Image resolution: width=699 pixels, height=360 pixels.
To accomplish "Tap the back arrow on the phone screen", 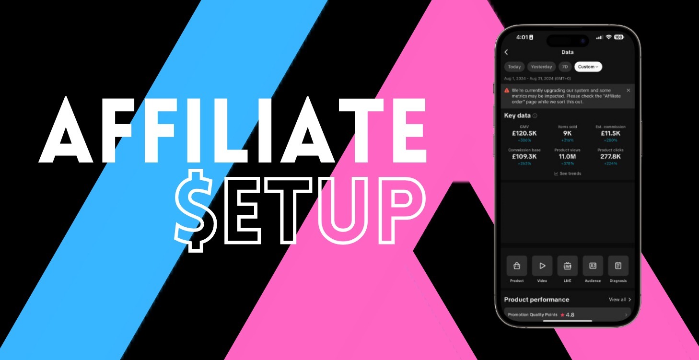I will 506,52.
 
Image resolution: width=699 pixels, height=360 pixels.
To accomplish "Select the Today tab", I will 514,67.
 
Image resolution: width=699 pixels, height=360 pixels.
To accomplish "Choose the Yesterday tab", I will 541,67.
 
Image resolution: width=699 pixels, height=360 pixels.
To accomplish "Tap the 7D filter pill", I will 565,67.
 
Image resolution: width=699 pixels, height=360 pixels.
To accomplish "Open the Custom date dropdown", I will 588,67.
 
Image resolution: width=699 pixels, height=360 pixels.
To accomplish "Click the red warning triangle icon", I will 507,90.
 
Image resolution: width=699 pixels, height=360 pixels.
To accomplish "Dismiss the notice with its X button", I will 629,90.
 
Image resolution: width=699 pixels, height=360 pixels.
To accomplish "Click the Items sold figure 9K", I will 567,133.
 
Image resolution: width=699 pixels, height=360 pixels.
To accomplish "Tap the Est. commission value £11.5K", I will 610,133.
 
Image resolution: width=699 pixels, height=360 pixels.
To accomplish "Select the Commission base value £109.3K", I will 524,156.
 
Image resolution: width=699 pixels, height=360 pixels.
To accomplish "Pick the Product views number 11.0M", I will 567,156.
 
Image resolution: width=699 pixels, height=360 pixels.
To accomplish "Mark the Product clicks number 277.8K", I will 611,156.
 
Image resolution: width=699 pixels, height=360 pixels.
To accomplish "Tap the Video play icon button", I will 542,266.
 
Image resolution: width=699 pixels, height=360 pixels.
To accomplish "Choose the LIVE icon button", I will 568,266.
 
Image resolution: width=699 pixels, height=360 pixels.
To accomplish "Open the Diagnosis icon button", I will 618,266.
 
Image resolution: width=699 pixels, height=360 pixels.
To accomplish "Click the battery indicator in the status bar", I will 618,37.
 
